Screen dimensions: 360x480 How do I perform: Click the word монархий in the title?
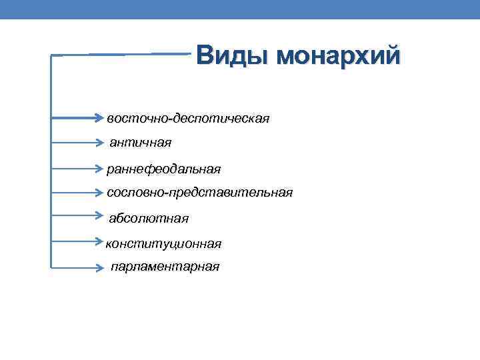click(339, 55)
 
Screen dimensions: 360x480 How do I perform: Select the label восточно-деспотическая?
click(188, 119)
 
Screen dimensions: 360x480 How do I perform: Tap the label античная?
click(141, 143)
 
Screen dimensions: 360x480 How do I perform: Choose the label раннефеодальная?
click(163, 169)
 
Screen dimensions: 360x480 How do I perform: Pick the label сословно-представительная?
click(199, 193)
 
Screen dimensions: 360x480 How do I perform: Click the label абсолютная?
click(149, 218)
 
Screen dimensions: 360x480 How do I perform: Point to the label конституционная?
click(164, 244)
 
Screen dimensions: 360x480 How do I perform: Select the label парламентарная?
click(165, 267)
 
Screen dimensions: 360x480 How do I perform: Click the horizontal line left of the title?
click(120, 54)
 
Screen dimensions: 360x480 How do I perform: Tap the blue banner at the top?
click(240, 9)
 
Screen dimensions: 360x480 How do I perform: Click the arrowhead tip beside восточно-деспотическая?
click(103, 119)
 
